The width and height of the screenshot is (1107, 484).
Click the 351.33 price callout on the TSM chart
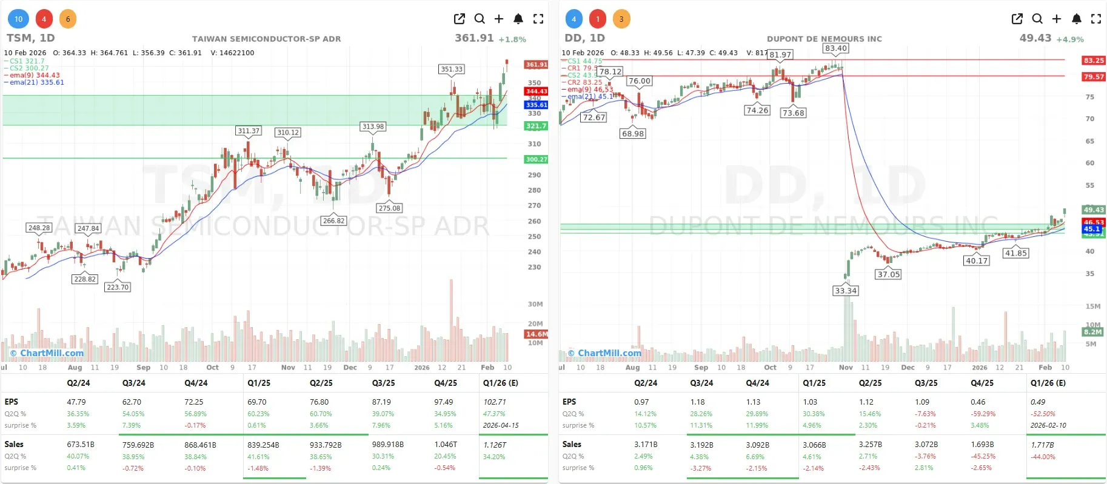(x=451, y=69)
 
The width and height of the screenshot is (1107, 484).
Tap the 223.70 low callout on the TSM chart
(x=118, y=287)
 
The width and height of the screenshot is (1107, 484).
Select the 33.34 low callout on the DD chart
(x=845, y=291)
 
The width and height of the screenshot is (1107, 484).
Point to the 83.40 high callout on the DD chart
(x=835, y=48)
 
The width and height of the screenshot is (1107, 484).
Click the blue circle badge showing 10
(x=19, y=19)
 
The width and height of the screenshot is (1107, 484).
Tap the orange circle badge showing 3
(x=621, y=19)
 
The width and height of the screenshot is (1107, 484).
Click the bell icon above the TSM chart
(x=518, y=19)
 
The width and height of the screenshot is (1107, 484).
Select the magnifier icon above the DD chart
(x=1037, y=19)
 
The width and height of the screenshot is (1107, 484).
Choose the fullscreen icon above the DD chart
(x=1096, y=19)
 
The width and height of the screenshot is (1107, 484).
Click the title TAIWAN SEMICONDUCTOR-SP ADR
(x=266, y=39)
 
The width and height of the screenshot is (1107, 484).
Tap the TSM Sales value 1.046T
(x=446, y=444)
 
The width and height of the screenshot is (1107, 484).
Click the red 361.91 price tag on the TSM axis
(x=536, y=64)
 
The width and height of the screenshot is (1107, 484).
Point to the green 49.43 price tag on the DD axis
(x=1094, y=210)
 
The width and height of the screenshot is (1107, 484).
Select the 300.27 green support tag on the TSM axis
(x=536, y=159)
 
